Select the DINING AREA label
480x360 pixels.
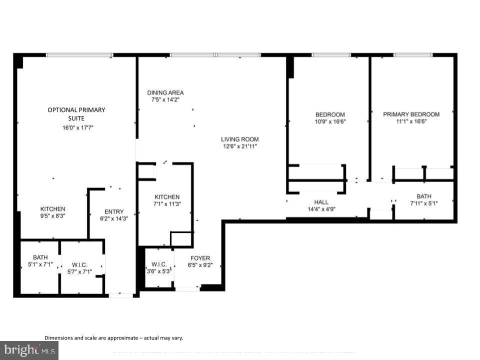165,92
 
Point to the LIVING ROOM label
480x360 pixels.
240,139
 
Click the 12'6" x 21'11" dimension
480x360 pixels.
240,146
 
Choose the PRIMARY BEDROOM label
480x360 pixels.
411,114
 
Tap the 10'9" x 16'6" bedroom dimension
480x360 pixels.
330,121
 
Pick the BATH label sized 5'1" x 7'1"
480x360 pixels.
40,257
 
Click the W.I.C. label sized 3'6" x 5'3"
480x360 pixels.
158,264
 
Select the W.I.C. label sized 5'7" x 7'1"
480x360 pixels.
79,264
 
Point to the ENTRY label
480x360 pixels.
113,211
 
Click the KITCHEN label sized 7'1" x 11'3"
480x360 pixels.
166,197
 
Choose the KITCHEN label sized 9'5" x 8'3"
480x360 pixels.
52,209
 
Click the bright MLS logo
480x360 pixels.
29,350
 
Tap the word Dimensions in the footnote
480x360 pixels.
59,338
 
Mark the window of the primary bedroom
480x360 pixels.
412,54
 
